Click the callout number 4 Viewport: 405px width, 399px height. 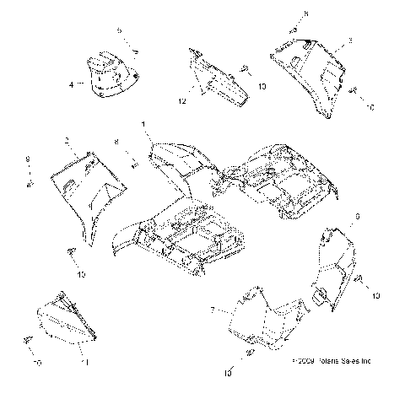(72, 84)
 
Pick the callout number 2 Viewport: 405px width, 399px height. (67, 137)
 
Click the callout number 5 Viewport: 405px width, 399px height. (119, 30)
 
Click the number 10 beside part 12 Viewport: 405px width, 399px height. (262, 86)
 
